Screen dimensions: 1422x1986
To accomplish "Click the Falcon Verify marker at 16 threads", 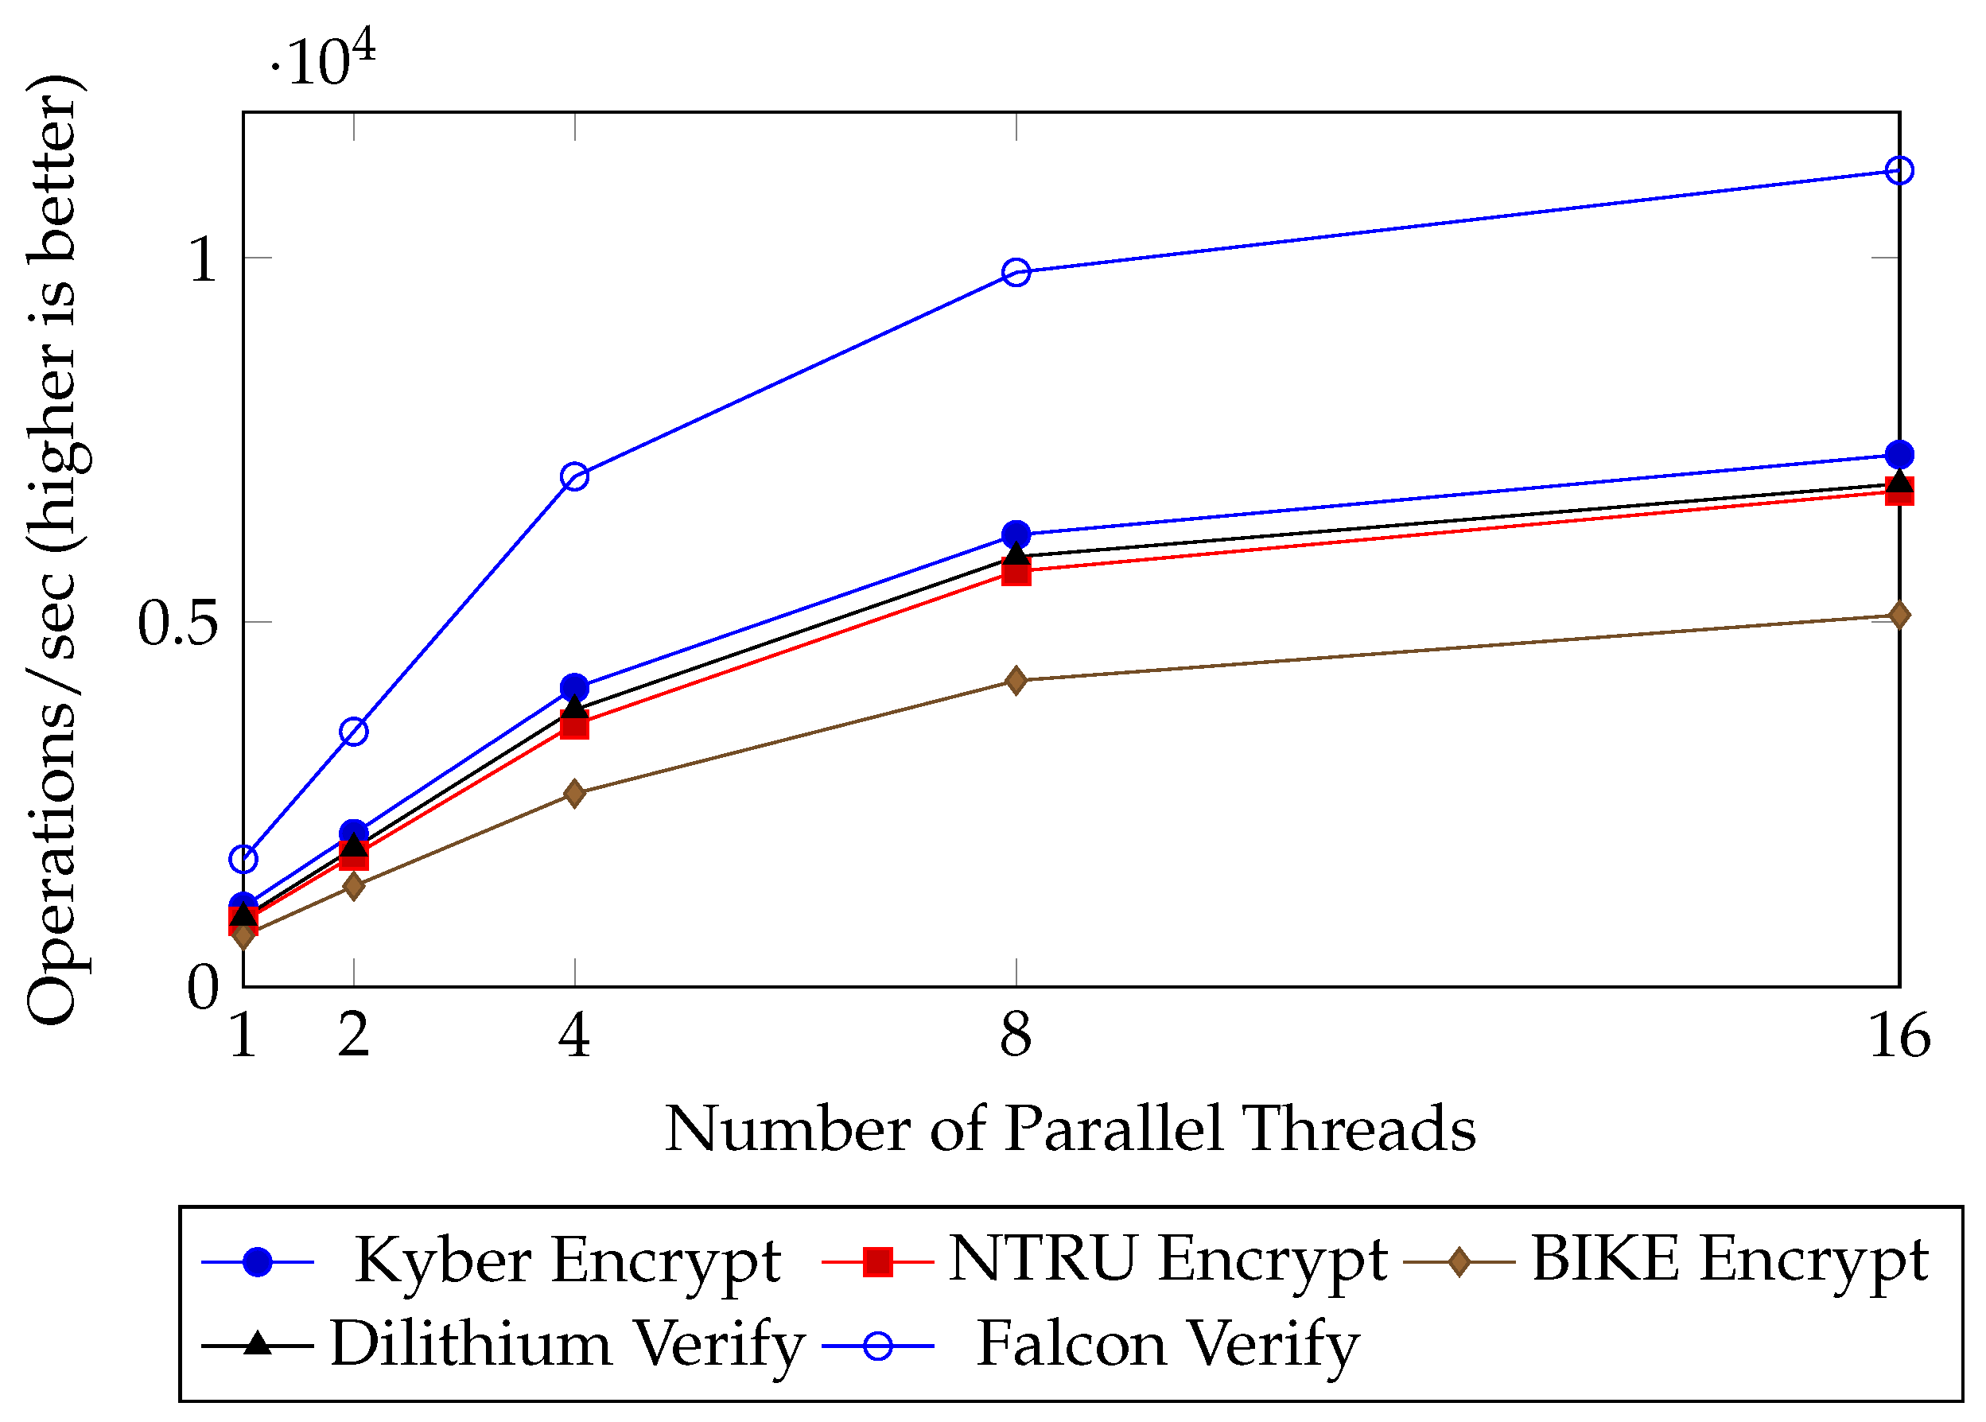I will pos(1899,170).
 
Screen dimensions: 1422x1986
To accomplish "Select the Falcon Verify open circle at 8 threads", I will pos(1016,272).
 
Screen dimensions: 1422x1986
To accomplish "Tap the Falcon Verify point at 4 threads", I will pos(574,477).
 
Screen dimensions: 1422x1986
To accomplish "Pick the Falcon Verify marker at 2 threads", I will pos(354,732).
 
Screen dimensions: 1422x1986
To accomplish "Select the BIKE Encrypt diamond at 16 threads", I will pos(1899,616).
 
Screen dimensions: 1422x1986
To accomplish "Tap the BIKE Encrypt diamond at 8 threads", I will pos(1016,680).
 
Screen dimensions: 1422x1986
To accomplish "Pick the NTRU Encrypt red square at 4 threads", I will pos(574,726).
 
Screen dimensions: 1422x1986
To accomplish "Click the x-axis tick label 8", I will pos(1016,1035).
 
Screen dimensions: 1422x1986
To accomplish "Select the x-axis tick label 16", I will pos(1899,1035).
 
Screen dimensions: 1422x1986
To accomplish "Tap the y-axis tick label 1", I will pos(202,260).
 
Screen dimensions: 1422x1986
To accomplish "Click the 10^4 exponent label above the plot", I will pos(324,60).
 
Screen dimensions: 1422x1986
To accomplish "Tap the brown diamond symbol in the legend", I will pos(1459,1263).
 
